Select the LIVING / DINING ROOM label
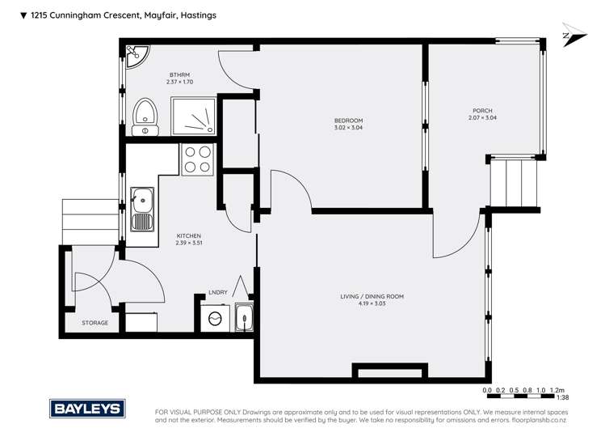[372, 297]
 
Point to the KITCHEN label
[188, 235]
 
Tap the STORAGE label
[95, 323]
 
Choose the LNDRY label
[217, 293]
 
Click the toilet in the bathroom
[146, 117]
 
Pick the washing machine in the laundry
[216, 319]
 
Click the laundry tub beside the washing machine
[243, 318]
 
